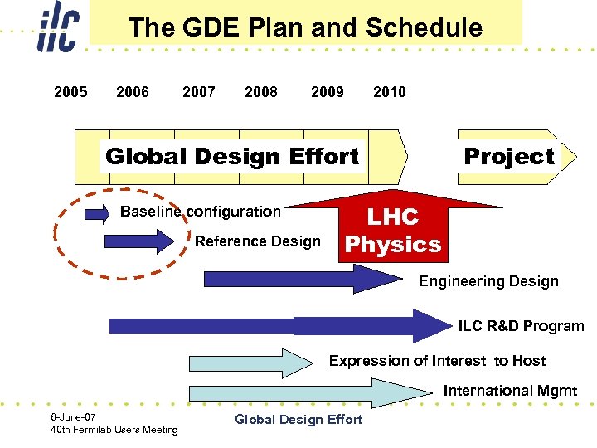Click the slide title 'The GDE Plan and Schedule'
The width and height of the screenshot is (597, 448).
tap(305, 27)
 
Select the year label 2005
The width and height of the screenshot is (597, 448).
tap(70, 92)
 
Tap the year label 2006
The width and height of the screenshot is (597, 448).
tap(133, 92)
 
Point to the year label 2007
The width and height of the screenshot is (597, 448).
tap(199, 92)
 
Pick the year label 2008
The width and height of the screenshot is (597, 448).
tap(261, 92)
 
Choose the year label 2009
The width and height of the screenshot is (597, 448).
tap(327, 92)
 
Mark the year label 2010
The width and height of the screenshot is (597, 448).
tap(390, 92)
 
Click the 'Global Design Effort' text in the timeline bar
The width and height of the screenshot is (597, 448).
tap(232, 156)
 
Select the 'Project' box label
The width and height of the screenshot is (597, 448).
tap(508, 156)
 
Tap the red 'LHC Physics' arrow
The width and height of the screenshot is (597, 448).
tap(393, 230)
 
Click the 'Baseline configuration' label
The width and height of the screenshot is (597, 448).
tap(200, 212)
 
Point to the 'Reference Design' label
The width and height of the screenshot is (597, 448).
tap(257, 241)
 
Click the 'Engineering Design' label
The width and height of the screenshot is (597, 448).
tap(488, 281)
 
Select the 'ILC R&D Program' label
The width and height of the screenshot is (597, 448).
tap(521, 326)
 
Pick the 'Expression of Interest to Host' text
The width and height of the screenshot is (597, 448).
tap(437, 361)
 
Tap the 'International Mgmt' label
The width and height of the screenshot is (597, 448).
tap(510, 391)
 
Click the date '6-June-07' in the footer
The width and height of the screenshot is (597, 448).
tap(74, 417)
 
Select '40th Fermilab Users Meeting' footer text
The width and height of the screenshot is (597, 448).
tap(114, 430)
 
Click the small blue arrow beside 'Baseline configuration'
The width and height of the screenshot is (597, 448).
tap(97, 213)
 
